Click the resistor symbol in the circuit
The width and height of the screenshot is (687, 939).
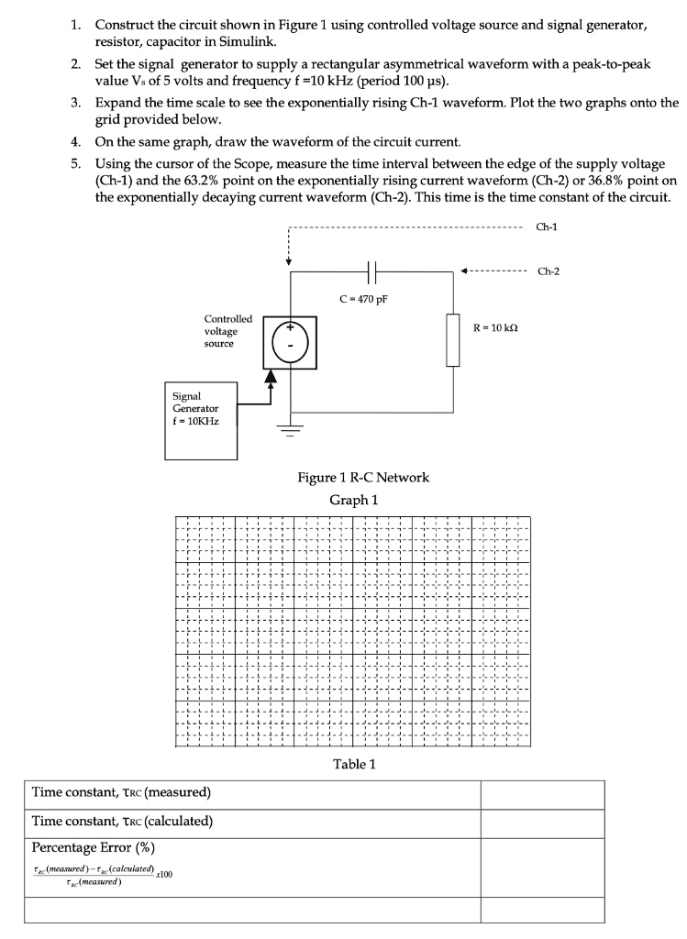coord(452,340)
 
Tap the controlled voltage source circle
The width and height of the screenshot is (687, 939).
coord(290,341)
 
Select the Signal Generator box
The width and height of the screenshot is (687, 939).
coord(199,420)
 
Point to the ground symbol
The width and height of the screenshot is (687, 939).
coord(290,429)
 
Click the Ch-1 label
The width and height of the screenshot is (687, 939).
coord(548,225)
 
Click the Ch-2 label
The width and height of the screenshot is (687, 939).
coord(548,271)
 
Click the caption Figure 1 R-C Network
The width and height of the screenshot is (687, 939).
coord(363,478)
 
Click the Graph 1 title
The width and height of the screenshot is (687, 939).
coord(353,500)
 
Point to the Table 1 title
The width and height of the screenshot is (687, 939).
coord(353,764)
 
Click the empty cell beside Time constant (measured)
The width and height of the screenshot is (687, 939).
coord(542,794)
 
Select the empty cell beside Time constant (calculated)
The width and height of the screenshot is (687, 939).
coord(542,823)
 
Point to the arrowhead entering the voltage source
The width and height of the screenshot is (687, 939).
coord(271,375)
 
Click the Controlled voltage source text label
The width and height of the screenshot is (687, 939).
coord(227,331)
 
